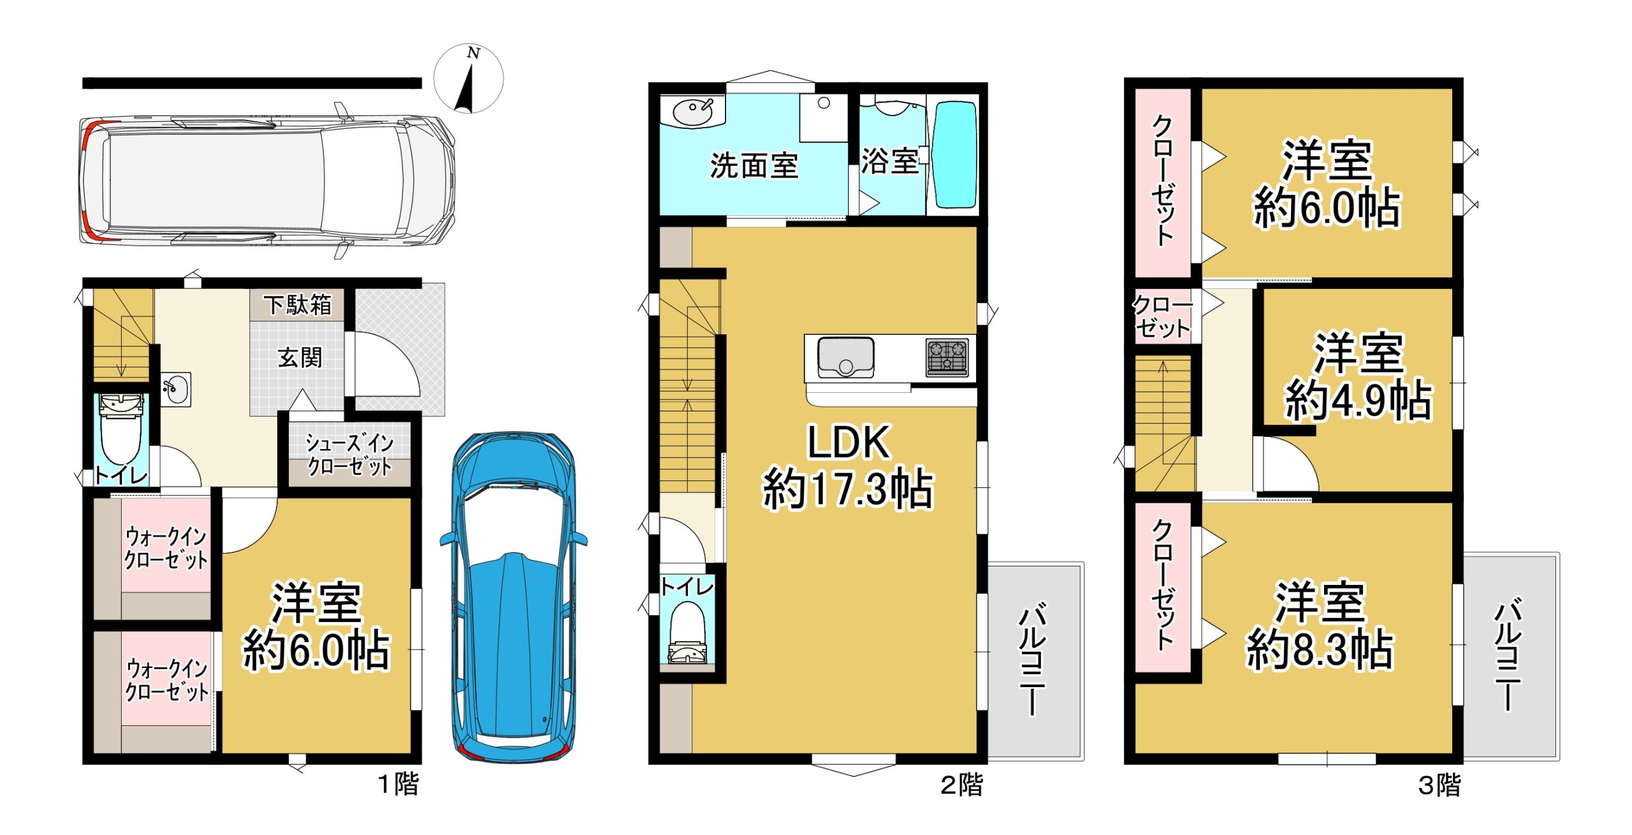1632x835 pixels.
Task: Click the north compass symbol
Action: click(469, 78)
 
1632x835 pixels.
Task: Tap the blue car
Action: click(513, 596)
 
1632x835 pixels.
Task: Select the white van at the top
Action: click(266, 181)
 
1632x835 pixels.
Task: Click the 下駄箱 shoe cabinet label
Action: click(298, 305)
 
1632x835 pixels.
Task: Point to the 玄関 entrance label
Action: click(300, 357)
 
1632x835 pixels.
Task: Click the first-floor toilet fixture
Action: click(121, 427)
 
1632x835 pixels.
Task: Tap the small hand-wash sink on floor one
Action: click(175, 388)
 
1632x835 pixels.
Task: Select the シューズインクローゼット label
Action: click(349, 454)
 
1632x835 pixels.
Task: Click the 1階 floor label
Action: click(399, 784)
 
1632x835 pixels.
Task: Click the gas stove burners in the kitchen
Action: click(947, 357)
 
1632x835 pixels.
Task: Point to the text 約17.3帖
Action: click(848, 489)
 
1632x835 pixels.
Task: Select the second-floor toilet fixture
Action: click(687, 635)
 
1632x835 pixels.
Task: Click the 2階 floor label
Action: click(962, 785)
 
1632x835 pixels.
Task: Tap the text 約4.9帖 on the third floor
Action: click(1359, 401)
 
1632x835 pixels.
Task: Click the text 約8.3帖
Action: click(1320, 649)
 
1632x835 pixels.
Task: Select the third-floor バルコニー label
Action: click(1508, 654)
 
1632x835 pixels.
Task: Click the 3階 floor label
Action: click(1439, 785)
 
